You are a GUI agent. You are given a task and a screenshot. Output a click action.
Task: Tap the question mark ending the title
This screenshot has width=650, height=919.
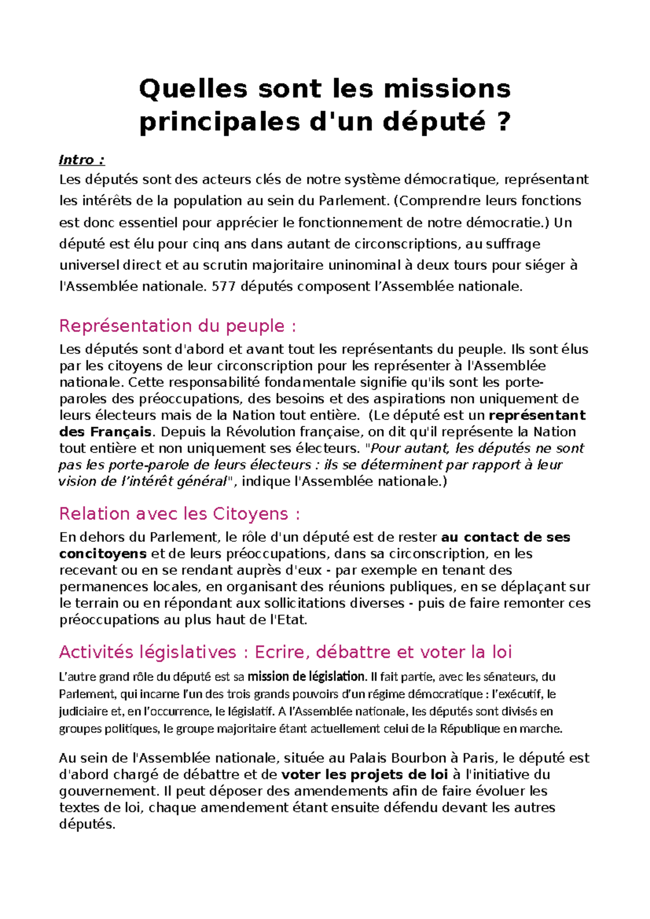click(x=503, y=121)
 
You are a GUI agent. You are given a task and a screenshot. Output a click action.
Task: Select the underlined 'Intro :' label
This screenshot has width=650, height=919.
click(x=82, y=160)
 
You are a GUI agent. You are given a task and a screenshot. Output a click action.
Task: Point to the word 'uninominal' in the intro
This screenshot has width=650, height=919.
click(x=362, y=265)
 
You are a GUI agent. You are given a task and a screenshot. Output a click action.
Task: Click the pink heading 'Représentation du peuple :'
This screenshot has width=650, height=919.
click(x=178, y=326)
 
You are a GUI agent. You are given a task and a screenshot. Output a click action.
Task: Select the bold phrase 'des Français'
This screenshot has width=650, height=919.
click(x=106, y=432)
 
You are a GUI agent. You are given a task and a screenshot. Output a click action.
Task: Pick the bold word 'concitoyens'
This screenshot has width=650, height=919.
click(x=103, y=553)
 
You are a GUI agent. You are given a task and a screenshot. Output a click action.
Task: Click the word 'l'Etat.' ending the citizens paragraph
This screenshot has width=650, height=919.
click(x=288, y=619)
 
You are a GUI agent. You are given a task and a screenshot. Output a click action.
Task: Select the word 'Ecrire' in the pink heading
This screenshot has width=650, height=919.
click(x=281, y=652)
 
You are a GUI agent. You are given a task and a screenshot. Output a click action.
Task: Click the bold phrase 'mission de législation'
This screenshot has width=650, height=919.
click(x=307, y=676)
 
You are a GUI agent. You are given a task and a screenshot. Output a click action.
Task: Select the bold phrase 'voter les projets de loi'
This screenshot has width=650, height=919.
click(x=365, y=774)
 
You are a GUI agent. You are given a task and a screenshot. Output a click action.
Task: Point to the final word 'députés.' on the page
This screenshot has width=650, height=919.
click(x=87, y=824)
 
